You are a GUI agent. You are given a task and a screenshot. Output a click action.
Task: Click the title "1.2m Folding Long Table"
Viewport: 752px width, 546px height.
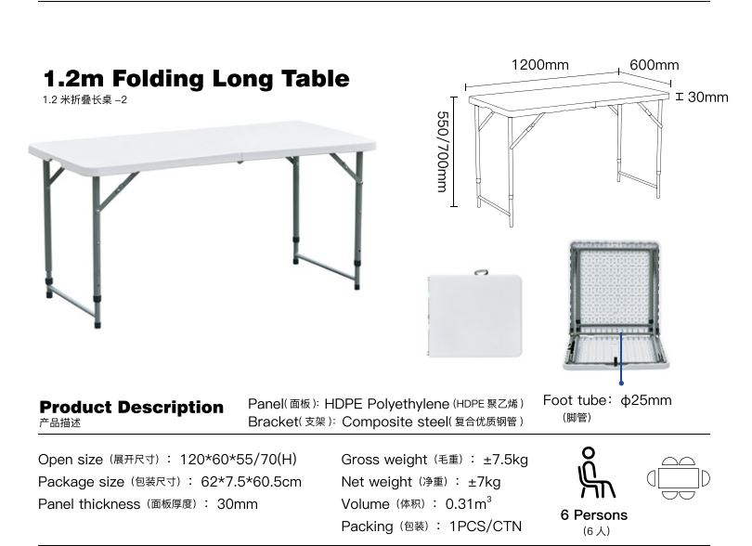click(x=197, y=79)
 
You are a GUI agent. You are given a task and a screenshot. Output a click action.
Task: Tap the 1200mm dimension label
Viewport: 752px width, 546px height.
click(x=540, y=65)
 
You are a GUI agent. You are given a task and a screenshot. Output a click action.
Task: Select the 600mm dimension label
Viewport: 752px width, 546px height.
click(x=655, y=65)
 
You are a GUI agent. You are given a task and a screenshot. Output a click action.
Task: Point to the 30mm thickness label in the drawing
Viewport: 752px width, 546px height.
click(x=707, y=97)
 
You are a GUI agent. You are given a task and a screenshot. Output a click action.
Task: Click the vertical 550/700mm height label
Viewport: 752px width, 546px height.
click(x=443, y=151)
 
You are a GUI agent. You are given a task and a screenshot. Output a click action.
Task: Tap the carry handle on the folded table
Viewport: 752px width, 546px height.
click(x=481, y=272)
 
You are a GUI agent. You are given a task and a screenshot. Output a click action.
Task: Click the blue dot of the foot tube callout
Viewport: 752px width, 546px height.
click(x=621, y=383)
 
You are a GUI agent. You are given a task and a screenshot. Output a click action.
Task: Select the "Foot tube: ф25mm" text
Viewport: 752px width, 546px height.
click(x=607, y=400)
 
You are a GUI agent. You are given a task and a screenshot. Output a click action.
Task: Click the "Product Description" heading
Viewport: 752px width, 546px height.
click(x=132, y=408)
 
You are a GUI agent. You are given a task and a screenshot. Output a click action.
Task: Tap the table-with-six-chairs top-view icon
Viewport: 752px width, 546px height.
click(x=678, y=478)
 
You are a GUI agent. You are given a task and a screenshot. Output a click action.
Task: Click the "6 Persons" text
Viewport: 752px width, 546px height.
click(x=594, y=514)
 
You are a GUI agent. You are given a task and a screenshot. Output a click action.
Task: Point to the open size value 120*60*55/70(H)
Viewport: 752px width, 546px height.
click(x=239, y=460)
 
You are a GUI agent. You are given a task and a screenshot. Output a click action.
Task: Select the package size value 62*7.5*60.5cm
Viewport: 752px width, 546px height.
click(x=252, y=482)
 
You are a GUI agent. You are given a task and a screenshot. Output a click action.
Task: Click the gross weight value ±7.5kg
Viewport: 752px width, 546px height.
click(x=505, y=460)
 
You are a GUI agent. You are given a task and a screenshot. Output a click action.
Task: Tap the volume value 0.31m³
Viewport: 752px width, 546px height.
click(x=469, y=503)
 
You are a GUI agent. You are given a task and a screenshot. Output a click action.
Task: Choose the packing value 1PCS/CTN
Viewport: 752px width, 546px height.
click(x=486, y=526)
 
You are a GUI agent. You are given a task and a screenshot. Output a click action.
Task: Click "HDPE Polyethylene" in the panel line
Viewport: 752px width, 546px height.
click(x=386, y=404)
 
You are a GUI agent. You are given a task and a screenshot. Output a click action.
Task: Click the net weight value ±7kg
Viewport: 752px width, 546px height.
click(x=485, y=482)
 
